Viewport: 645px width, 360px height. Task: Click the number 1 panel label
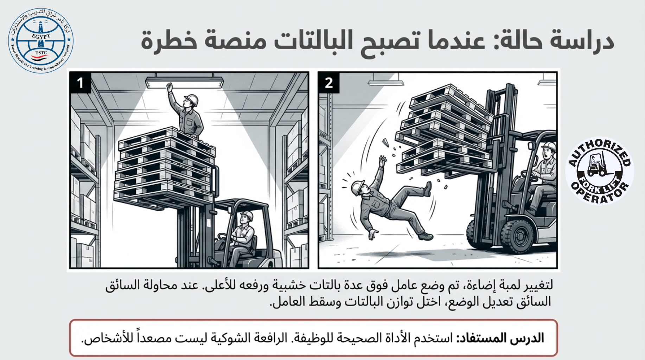pyautogui.click(x=80, y=83)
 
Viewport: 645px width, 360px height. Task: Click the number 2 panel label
pyautogui.click(x=329, y=83)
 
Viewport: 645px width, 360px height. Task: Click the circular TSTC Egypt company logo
pyautogui.click(x=41, y=40)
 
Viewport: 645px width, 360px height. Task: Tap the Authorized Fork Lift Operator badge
pyautogui.click(x=600, y=171)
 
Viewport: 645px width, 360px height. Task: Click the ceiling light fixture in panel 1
pyautogui.click(x=185, y=82)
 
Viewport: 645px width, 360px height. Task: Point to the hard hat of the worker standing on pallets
pyautogui.click(x=191, y=99)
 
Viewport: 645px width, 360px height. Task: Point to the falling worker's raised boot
pyautogui.click(x=428, y=189)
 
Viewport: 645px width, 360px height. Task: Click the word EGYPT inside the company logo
pyautogui.click(x=41, y=36)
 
